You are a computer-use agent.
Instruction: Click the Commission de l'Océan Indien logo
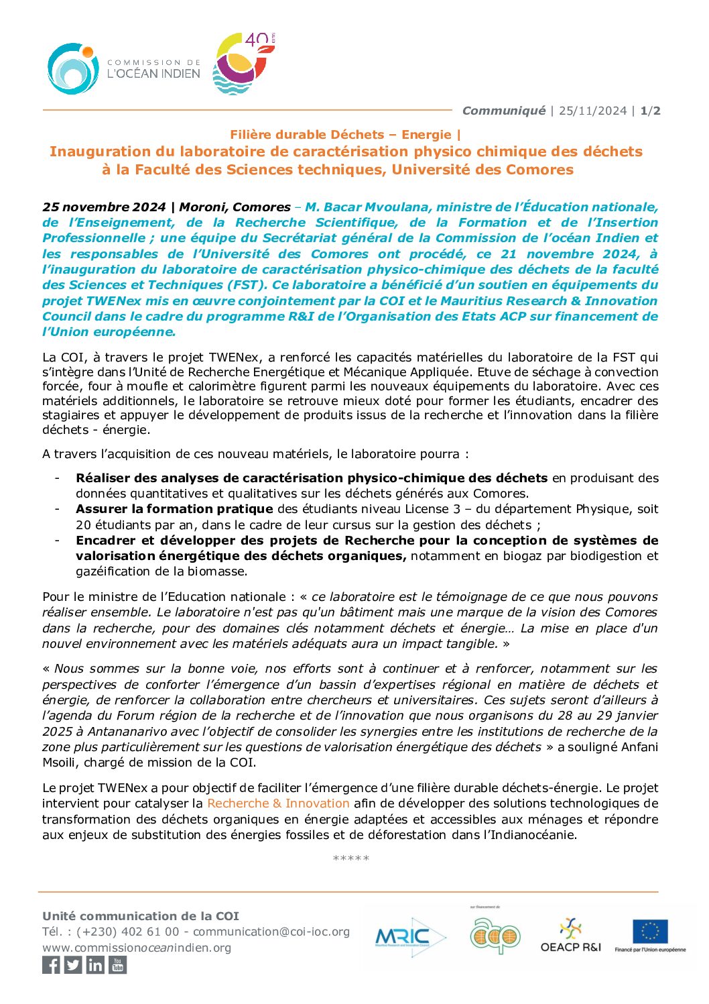[x=124, y=68]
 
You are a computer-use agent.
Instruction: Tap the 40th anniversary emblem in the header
[x=243, y=64]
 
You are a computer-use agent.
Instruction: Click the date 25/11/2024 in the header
[x=592, y=111]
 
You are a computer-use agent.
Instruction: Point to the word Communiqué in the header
[x=503, y=111]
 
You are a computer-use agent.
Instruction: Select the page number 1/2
[x=650, y=111]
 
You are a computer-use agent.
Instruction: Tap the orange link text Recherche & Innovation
[x=278, y=803]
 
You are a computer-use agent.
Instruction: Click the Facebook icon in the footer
[x=51, y=964]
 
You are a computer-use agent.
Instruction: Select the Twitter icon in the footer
[x=73, y=964]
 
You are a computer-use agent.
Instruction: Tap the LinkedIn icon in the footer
[x=95, y=964]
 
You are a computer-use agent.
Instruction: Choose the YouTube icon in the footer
[x=117, y=964]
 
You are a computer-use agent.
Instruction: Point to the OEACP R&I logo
[x=570, y=935]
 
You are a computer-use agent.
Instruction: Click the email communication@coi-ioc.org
[x=271, y=932]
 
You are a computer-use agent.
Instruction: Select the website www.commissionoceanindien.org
[x=137, y=948]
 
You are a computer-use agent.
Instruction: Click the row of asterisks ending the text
[x=350, y=858]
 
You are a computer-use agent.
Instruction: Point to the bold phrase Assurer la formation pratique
[x=174, y=509]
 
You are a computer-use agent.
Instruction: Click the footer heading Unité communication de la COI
[x=141, y=915]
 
